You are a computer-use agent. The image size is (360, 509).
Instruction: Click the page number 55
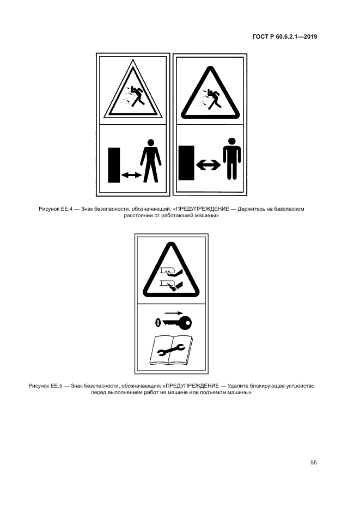[313, 463]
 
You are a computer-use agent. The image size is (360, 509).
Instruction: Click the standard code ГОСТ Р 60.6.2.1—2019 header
[284, 36]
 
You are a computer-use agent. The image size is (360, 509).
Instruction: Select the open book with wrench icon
[171, 350]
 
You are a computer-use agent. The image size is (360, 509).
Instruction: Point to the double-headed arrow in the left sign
[131, 175]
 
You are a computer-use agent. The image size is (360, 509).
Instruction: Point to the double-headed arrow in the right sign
[209, 165]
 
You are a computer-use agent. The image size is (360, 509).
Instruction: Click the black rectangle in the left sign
[114, 165]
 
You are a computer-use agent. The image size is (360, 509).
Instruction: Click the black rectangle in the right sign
[187, 163]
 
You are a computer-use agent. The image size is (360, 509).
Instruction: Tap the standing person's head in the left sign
[150, 143]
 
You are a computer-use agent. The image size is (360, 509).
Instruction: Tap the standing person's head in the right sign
[232, 142]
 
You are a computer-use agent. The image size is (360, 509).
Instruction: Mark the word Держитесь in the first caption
[249, 209]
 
